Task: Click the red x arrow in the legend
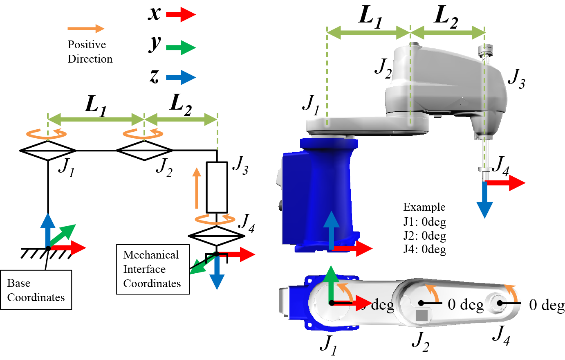[181, 15]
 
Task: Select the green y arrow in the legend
[181, 47]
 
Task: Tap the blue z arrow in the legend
[181, 77]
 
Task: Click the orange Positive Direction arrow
[86, 28]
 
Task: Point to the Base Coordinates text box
[36, 290]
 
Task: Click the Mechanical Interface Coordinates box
[152, 269]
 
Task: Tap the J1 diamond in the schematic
[48, 151]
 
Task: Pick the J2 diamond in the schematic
[144, 150]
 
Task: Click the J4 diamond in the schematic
[216, 236]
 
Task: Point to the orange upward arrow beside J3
[197, 189]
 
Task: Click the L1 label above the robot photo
[370, 17]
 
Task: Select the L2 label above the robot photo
[446, 17]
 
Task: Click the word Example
[424, 207]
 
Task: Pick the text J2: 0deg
[424, 236]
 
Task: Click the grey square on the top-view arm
[422, 315]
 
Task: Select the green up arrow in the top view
[331, 282]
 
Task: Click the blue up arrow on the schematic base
[48, 229]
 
